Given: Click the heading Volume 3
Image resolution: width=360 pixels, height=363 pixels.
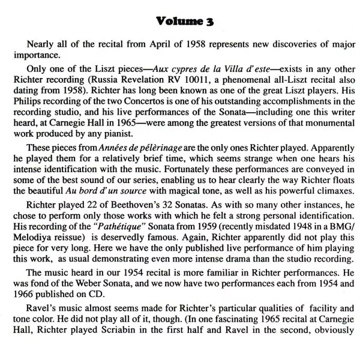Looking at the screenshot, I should tap(179, 23).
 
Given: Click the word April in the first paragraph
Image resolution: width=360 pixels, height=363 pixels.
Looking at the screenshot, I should tap(138, 46).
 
